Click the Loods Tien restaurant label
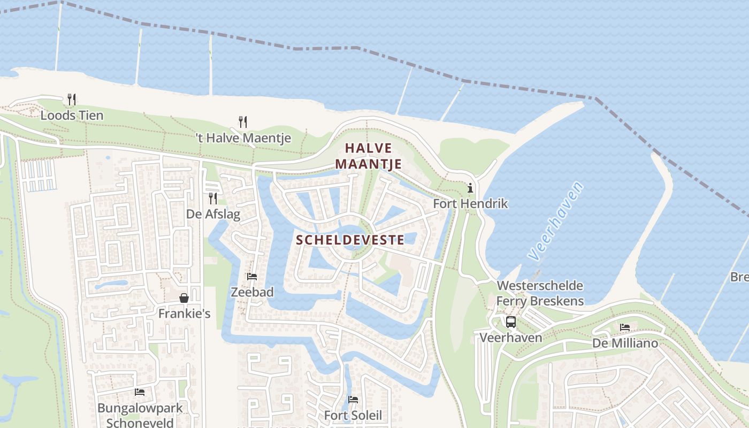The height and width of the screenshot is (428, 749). tap(72, 115)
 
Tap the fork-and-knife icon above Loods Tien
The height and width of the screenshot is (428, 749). tap(72, 99)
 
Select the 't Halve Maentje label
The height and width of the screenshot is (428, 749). tap(243, 138)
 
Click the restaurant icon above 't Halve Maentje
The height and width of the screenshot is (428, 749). tap(243, 122)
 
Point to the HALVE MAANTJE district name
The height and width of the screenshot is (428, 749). tap(369, 156)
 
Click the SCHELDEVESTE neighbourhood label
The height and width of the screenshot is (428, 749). tap(350, 240)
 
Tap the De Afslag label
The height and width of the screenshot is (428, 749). tap(213, 215)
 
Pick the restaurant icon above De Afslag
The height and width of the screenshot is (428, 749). tap(213, 198)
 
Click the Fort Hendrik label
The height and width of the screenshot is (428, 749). tap(470, 204)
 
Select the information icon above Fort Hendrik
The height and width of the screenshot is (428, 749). tap(470, 188)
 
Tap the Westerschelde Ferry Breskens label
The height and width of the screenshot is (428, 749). tap(540, 293)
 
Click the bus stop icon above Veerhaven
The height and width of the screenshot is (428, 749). tap(511, 322)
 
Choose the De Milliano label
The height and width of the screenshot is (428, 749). tap(625, 343)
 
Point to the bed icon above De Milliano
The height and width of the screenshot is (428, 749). tap(625, 327)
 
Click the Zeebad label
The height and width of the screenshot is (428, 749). tap(252, 292)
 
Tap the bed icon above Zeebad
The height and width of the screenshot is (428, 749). tap(252, 277)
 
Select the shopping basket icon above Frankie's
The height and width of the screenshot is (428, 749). tap(184, 298)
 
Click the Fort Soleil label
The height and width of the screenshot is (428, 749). tap(353, 415)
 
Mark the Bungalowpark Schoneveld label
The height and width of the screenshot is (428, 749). tap(140, 415)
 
